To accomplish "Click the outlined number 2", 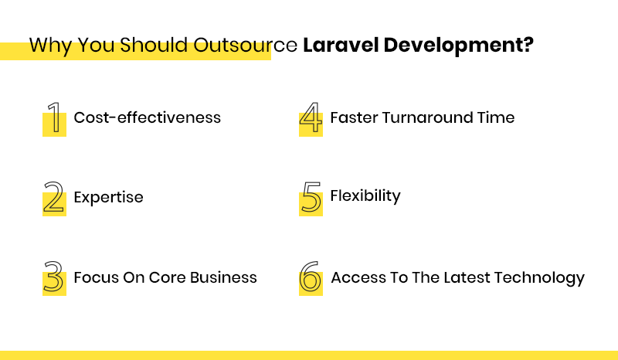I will [53, 199].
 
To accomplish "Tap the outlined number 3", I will [53, 278].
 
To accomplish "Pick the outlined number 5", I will [310, 199].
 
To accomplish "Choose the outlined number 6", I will [310, 278].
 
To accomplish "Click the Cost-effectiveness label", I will [147, 117].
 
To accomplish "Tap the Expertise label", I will [108, 197].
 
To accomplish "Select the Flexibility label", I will [365, 195].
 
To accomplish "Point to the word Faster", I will [354, 117].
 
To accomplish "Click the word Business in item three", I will [222, 277].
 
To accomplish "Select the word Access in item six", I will [356, 277].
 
